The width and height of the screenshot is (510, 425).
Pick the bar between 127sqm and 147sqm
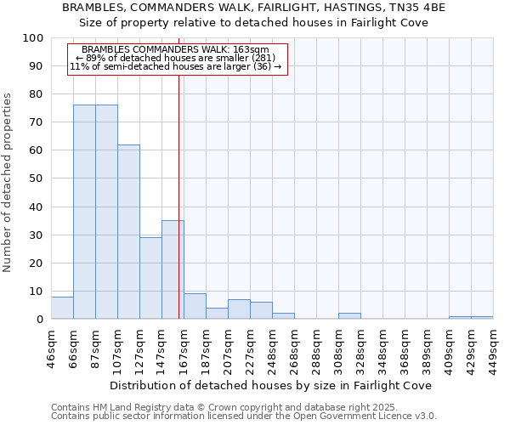150,278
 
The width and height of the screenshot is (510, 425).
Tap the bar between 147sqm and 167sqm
173,269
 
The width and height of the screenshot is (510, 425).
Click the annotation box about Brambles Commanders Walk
178,58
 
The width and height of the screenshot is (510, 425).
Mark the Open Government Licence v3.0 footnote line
244,416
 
